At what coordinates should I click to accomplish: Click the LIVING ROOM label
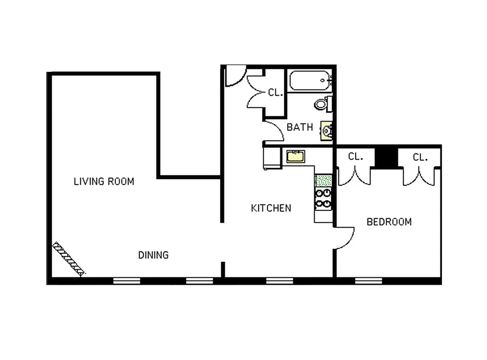(x=104, y=181)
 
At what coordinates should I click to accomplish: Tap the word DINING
(x=153, y=255)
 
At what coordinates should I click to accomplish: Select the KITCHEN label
(x=271, y=208)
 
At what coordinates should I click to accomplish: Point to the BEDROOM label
(x=389, y=222)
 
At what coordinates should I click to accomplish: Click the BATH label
(x=300, y=127)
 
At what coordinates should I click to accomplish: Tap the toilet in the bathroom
(x=322, y=103)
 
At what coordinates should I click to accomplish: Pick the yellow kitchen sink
(x=296, y=156)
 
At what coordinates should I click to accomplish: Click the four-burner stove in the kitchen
(x=323, y=198)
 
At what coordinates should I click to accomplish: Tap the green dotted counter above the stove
(x=323, y=181)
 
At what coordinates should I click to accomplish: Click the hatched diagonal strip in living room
(x=68, y=259)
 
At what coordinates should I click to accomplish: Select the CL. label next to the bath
(x=275, y=93)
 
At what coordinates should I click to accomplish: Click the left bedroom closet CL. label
(x=355, y=157)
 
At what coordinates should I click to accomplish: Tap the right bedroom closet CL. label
(x=420, y=158)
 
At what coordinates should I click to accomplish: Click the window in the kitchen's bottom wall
(x=279, y=281)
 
